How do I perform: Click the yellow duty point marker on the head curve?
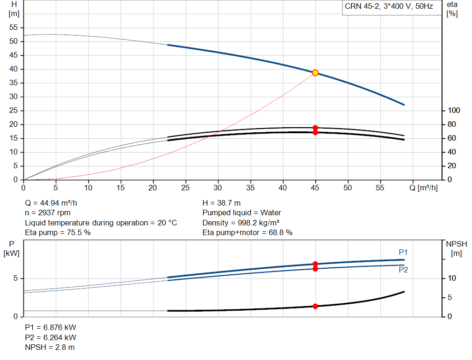tap(315, 73)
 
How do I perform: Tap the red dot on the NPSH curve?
tap(315, 306)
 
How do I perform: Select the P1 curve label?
tap(403, 252)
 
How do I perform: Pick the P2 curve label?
tap(403, 270)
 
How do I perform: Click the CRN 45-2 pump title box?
tap(392, 7)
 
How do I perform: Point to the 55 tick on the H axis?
tap(13, 27)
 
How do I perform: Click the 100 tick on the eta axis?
tap(454, 111)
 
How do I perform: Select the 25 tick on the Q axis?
tap(185, 188)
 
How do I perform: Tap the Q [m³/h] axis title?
tap(424, 188)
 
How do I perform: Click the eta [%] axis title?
tap(452, 9)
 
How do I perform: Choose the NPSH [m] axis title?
tap(456, 248)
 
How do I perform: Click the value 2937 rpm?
tap(54, 213)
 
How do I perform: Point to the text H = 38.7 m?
tap(222, 203)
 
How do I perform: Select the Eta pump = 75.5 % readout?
tap(58, 232)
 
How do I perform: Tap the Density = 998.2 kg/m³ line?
tap(241, 223)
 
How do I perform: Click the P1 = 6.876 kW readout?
tap(51, 327)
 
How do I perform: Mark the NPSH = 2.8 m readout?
tap(50, 348)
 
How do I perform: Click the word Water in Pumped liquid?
tap(271, 213)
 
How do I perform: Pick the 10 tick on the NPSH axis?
tap(452, 278)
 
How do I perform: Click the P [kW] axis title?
tap(12, 248)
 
